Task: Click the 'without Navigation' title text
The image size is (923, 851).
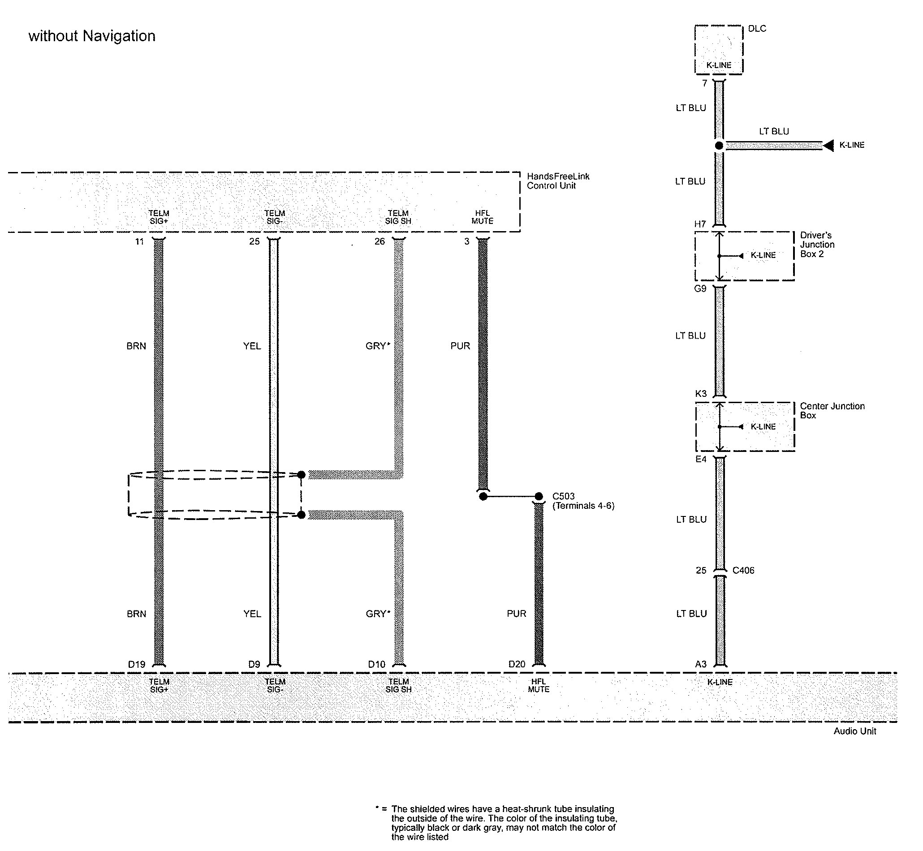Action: pyautogui.click(x=92, y=36)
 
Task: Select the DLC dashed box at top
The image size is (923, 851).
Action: pyautogui.click(x=718, y=49)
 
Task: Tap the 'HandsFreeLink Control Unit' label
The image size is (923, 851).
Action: pyautogui.click(x=558, y=181)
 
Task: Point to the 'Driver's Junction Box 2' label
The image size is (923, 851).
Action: pyautogui.click(x=817, y=245)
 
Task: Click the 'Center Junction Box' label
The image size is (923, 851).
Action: pyautogui.click(x=832, y=410)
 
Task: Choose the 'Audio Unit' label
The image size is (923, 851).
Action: pyautogui.click(x=854, y=731)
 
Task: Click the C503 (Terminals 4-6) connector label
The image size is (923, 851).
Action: pyautogui.click(x=582, y=501)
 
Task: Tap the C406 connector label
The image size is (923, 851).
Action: pyautogui.click(x=743, y=570)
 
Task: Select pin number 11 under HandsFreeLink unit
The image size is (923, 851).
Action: pyautogui.click(x=139, y=241)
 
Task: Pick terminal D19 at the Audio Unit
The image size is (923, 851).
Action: pyautogui.click(x=136, y=664)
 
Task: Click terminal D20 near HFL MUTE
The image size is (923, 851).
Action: pyautogui.click(x=516, y=664)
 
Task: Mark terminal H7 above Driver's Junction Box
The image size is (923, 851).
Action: pyautogui.click(x=699, y=224)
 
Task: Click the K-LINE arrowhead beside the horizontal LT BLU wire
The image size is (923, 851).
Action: pyautogui.click(x=828, y=146)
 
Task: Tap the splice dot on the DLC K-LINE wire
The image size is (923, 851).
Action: pyautogui.click(x=719, y=146)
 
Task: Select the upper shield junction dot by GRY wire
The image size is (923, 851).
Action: pyautogui.click(x=301, y=474)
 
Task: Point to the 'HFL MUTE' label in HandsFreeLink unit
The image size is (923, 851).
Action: pyautogui.click(x=482, y=217)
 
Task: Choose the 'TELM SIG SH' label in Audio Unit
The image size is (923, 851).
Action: pyautogui.click(x=398, y=685)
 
